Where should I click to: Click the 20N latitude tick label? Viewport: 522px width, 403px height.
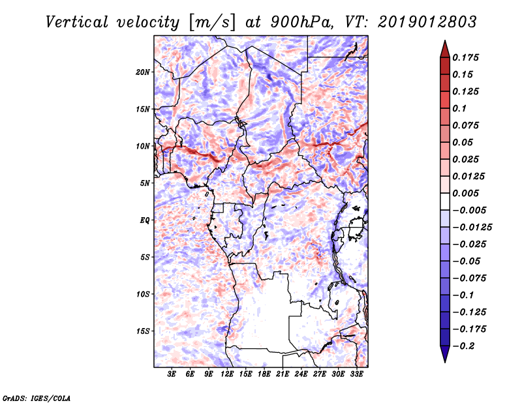pyautogui.click(x=143, y=72)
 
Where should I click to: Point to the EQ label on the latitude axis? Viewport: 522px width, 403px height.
pyautogui.click(x=144, y=220)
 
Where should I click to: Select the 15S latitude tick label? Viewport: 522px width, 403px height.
pyautogui.click(x=143, y=331)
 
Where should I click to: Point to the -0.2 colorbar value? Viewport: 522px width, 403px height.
pyautogui.click(x=467, y=346)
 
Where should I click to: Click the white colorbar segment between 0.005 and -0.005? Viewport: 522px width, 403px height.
pyautogui.click(x=444, y=201)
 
